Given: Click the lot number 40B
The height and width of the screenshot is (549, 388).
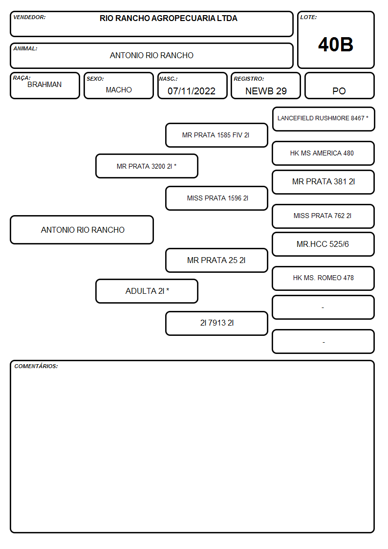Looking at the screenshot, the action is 336,45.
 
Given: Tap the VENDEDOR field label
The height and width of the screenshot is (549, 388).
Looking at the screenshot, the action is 29,17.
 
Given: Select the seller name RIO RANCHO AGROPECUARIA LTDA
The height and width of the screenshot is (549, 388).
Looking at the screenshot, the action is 168,18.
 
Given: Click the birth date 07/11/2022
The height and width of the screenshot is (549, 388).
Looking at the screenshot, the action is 192,91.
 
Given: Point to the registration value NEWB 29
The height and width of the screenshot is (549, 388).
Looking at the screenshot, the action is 266,91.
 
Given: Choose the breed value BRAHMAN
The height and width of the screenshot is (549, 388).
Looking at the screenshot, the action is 44,85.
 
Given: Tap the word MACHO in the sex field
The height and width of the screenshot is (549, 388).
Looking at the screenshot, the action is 119,90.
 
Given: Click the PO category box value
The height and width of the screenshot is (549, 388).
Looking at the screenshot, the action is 339,91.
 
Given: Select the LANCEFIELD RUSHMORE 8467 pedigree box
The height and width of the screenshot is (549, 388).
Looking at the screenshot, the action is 323,119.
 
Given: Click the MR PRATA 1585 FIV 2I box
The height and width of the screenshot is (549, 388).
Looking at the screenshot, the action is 216,135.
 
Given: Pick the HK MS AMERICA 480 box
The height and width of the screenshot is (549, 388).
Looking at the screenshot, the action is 323,154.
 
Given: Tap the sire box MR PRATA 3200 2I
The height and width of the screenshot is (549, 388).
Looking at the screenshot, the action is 147,166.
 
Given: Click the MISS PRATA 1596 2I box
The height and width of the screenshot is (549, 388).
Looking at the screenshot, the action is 216,198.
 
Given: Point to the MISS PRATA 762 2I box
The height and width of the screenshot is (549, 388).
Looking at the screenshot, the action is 323,216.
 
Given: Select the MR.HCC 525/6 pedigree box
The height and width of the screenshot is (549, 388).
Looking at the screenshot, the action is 323,244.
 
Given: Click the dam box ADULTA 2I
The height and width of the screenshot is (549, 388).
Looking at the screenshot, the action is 147,291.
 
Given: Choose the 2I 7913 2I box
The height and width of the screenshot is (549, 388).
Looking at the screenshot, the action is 216,323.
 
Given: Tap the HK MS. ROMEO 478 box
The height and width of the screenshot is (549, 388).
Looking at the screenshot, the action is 323,278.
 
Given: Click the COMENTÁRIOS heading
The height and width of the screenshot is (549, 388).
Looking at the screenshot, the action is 36,366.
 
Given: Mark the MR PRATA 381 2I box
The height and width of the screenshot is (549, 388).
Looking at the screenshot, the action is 323,182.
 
